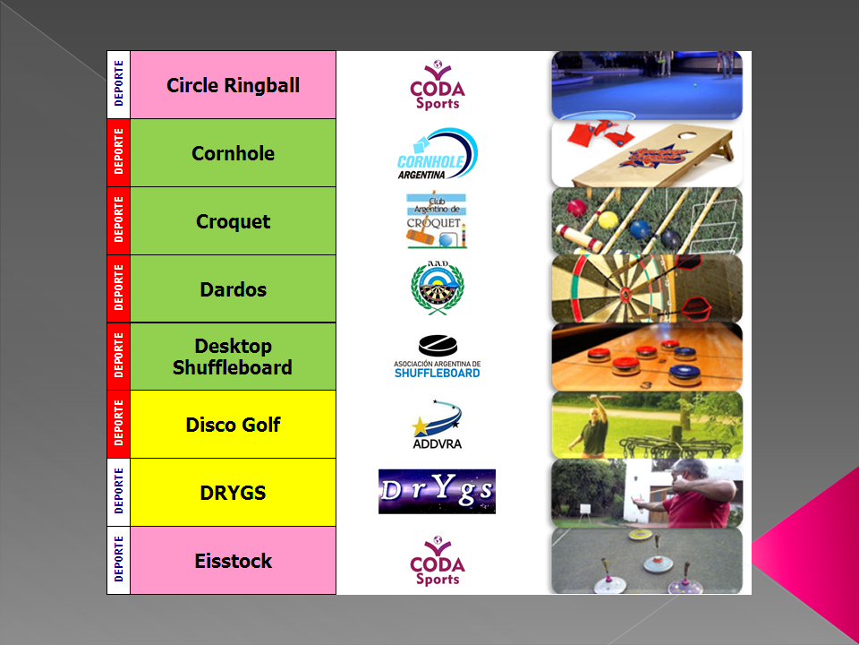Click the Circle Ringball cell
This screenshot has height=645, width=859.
[x=233, y=85]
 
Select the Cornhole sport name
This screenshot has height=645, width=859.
[x=233, y=153]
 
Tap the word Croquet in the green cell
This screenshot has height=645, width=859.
[x=233, y=221]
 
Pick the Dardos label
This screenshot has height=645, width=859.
[x=233, y=289]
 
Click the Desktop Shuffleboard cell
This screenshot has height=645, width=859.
[x=233, y=357]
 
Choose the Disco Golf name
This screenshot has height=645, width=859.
[x=233, y=425]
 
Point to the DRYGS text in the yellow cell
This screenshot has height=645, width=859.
[x=233, y=493]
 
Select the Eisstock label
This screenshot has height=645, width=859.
[x=233, y=561]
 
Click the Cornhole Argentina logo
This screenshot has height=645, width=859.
[x=438, y=153]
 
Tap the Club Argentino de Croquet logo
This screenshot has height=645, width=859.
[x=437, y=220]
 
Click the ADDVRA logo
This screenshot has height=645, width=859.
[x=438, y=425]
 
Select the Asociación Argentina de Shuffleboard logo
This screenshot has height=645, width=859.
[x=438, y=357]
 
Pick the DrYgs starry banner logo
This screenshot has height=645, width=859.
[x=438, y=492]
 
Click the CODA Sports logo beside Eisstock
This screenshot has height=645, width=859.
[x=438, y=561]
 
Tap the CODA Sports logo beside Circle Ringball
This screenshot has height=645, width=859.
[x=438, y=85]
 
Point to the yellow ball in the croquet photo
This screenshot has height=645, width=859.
[x=608, y=220]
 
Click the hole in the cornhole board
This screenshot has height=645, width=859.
[x=687, y=134]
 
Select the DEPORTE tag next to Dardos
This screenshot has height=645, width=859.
[x=118, y=288]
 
